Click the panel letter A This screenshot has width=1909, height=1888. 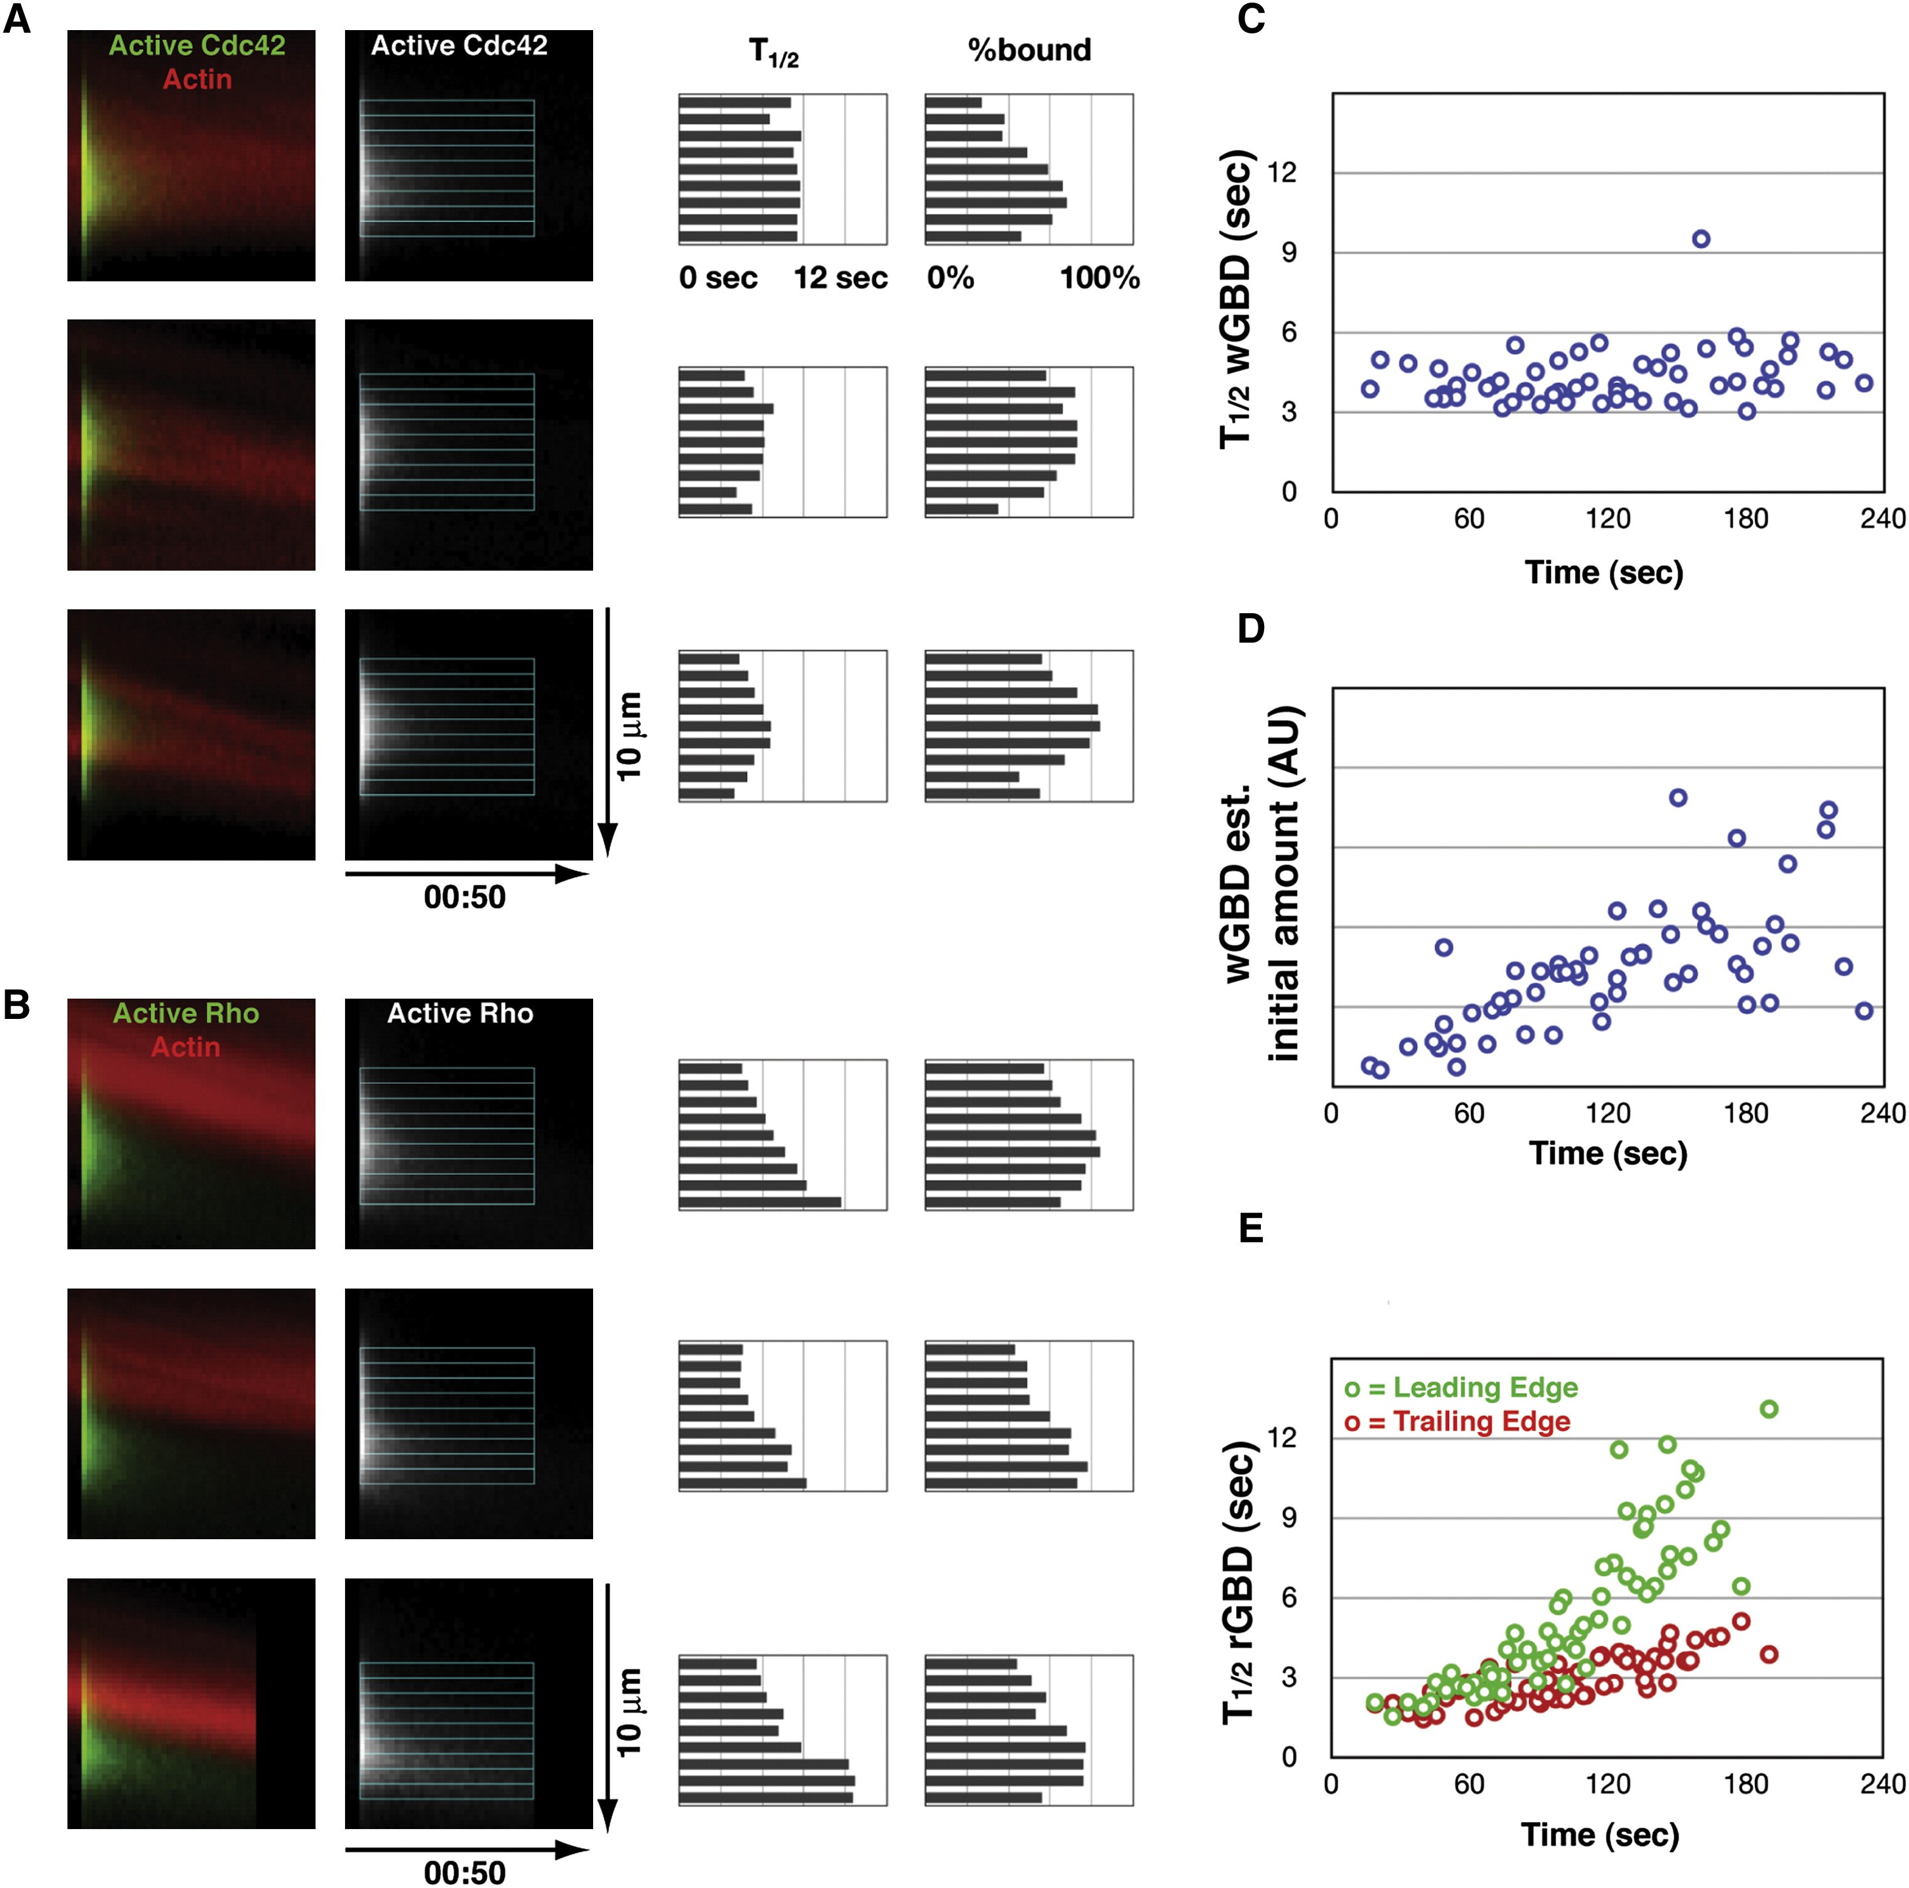coord(17,19)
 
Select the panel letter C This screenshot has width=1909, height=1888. coord(1251,19)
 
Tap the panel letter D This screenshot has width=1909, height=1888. coord(1251,628)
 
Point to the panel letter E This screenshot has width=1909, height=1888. coord(1251,1228)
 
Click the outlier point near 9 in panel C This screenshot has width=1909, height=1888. coord(1701,239)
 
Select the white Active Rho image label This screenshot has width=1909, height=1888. coord(460,1014)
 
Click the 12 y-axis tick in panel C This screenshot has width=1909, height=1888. coord(1282,173)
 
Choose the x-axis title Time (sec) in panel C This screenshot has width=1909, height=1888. coord(1604,572)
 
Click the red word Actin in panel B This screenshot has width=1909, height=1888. coord(186,1047)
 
